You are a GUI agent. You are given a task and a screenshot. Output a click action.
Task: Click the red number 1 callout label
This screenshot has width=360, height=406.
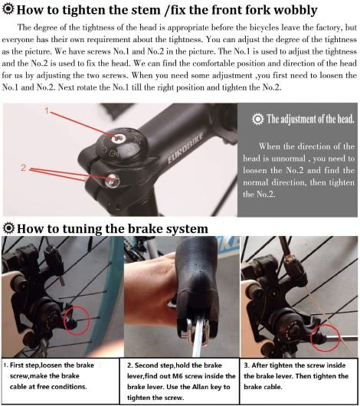coord(47,111)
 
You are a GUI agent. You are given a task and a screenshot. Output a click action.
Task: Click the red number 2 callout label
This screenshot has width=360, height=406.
coord(24,168)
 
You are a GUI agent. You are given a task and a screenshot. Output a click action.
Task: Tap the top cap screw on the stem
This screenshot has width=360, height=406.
coord(119,139)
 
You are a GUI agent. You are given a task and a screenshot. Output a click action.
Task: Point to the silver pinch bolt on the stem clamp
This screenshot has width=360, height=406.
coord(113,180)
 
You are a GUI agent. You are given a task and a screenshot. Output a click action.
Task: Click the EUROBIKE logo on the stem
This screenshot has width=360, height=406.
coord(185,149)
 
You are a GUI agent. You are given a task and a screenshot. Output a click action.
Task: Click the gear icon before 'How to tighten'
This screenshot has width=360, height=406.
coord(8,9)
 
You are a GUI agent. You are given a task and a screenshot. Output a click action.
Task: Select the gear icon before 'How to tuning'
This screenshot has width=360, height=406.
coord(8,228)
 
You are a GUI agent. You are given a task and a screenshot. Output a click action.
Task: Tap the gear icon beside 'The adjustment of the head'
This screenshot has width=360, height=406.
coord(257,120)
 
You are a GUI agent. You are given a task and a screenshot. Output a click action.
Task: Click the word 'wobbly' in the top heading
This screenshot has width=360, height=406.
coord(296,11)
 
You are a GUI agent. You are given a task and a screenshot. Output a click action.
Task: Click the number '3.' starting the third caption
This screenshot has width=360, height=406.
coord(247,365)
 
